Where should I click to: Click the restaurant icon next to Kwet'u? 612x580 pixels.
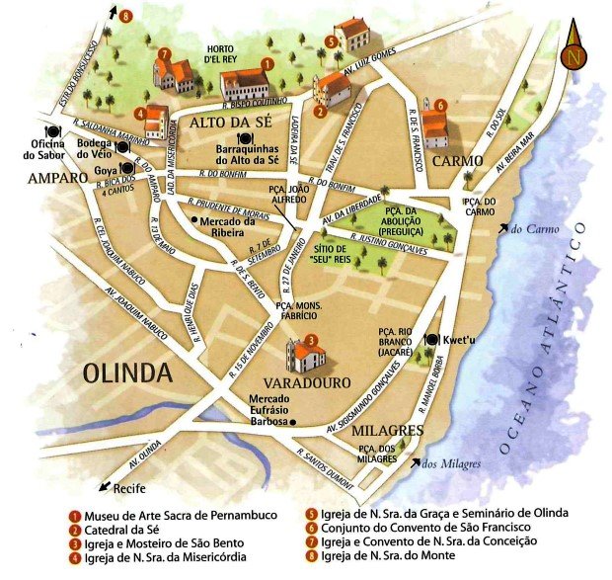coord(431,339)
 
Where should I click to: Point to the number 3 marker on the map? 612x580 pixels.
coord(310,341)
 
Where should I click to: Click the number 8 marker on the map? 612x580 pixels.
coord(124,17)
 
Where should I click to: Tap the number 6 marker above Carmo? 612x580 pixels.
coord(439,104)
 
